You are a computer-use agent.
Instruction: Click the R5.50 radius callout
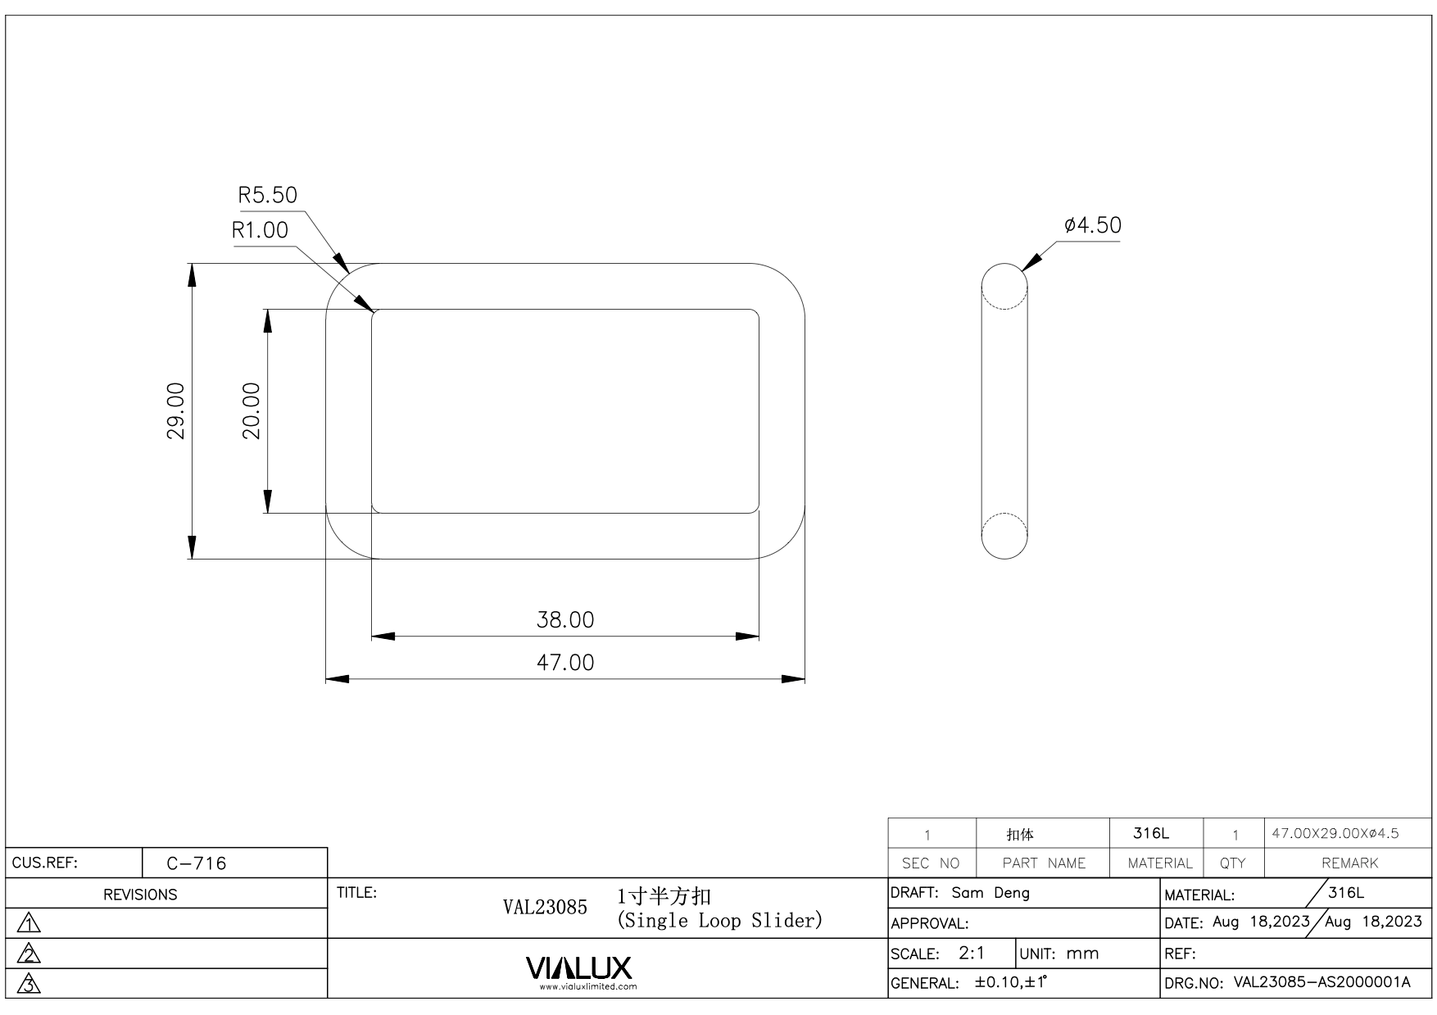point(267,195)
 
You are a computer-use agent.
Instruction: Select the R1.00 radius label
point(261,230)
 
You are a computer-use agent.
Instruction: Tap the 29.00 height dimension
point(176,410)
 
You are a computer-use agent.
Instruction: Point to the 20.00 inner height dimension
point(252,410)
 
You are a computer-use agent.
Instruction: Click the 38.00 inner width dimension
point(565,619)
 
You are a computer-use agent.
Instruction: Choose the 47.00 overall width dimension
point(565,662)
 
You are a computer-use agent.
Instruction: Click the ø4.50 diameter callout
point(1093,225)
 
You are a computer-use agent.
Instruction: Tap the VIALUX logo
point(579,968)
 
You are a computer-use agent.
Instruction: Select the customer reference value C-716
point(197,863)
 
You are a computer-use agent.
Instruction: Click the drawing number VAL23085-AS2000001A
point(1321,982)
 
